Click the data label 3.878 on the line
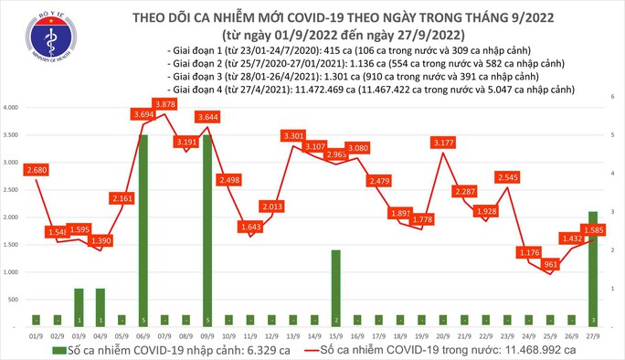point(165,105)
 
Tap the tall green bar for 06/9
point(143,229)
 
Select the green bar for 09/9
point(208,229)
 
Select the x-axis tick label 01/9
point(37,334)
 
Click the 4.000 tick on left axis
point(13,108)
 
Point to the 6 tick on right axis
point(613,96)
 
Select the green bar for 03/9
point(79,307)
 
